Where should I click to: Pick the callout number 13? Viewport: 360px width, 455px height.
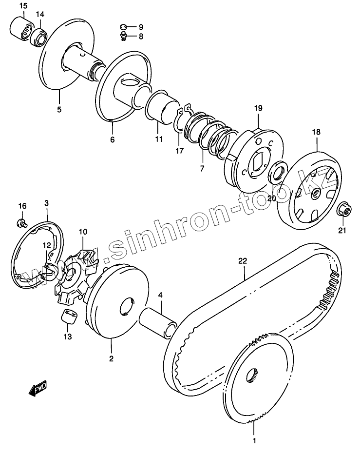click(67, 336)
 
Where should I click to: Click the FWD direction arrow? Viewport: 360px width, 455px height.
click(38, 389)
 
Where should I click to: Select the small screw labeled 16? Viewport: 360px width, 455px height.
click(21, 223)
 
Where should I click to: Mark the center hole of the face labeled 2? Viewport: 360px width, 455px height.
click(126, 306)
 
